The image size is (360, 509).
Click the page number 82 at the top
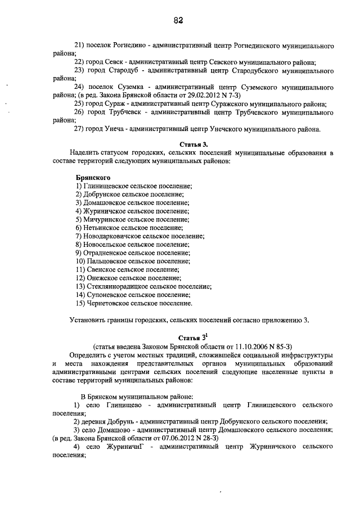(179, 20)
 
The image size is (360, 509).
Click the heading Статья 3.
(194, 144)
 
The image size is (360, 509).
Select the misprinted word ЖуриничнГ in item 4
(123, 447)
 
